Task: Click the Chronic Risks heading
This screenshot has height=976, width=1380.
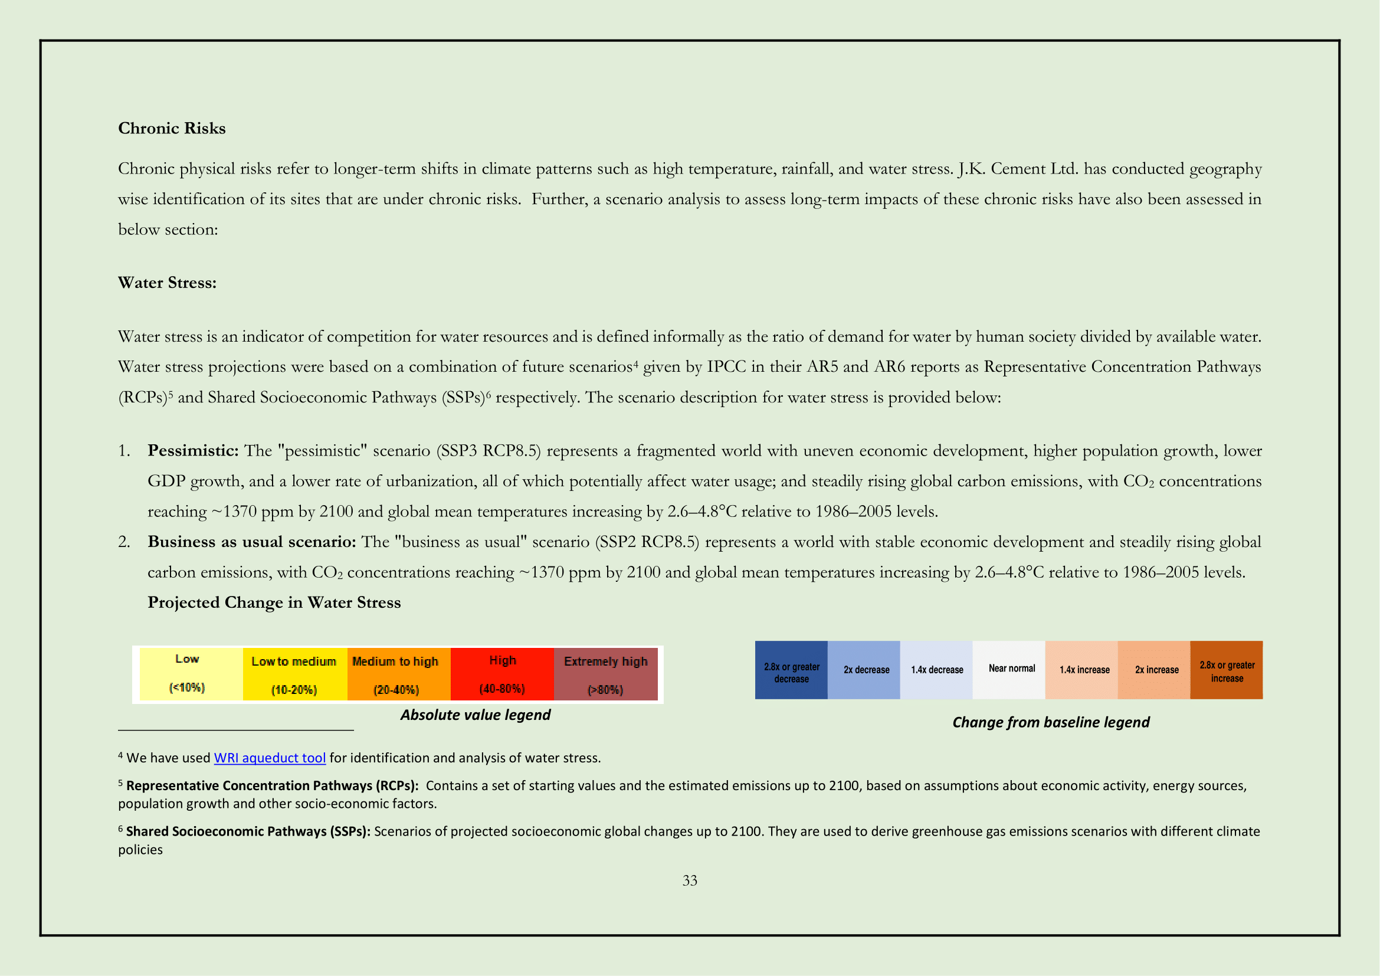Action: tap(171, 128)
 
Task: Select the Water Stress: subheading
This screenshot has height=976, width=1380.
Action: tap(166, 283)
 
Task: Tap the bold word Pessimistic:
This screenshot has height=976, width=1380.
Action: tap(193, 451)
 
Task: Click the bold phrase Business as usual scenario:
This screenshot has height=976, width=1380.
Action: tap(251, 542)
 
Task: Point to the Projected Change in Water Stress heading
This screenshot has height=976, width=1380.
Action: tap(274, 602)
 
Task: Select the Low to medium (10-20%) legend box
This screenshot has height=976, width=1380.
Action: tap(294, 674)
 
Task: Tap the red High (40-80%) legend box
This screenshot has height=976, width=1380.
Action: tap(502, 674)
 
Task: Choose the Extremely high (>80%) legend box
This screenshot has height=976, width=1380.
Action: tap(605, 674)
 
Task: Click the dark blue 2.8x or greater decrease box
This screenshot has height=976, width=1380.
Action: tap(791, 670)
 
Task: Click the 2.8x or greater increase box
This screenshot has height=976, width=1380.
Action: tap(1226, 670)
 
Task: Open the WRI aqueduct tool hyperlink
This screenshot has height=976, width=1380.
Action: tap(270, 758)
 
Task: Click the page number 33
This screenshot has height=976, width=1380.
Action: tap(689, 880)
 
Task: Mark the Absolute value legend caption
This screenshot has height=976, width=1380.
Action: tap(475, 715)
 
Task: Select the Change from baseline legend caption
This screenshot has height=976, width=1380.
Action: tap(1051, 722)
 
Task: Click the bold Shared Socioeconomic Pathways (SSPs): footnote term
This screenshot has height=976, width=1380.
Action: tap(248, 831)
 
